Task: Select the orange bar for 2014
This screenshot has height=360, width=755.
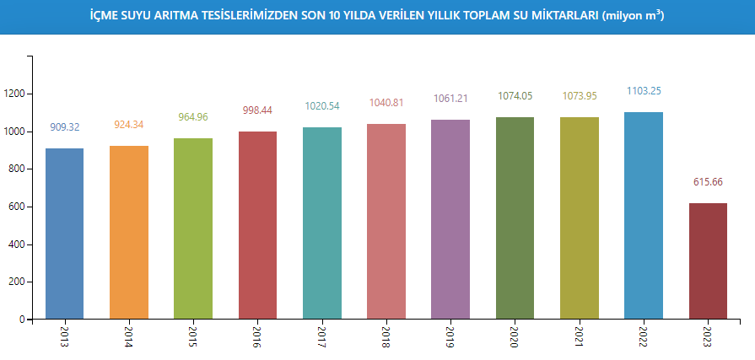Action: click(x=129, y=233)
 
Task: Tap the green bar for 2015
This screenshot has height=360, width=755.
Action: click(x=193, y=229)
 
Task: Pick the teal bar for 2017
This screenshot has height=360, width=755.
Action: click(x=322, y=223)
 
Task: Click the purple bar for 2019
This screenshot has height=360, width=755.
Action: click(x=450, y=220)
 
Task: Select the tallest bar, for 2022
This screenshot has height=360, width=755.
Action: click(x=644, y=216)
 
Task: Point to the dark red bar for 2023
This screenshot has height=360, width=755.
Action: click(x=708, y=261)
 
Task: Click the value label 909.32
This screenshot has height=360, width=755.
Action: click(x=65, y=127)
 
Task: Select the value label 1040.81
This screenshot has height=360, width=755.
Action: click(x=386, y=103)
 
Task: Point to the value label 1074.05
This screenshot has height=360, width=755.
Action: click(x=515, y=96)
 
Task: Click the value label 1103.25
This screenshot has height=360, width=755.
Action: click(x=644, y=91)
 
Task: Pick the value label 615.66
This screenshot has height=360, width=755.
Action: click(x=708, y=182)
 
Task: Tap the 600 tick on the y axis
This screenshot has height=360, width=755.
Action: click(x=17, y=207)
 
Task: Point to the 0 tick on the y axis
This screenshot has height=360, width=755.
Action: click(x=23, y=320)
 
